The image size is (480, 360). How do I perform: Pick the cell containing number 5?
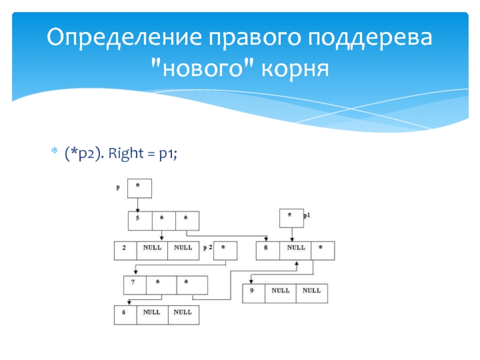[139, 220]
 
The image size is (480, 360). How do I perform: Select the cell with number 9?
[254, 293]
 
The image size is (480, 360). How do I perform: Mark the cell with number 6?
[125, 314]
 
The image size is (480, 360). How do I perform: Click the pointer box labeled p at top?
[139, 188]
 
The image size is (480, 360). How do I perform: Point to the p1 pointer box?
[290, 218]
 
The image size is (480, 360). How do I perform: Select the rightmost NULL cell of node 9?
[311, 293]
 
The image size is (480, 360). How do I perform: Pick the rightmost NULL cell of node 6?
[183, 314]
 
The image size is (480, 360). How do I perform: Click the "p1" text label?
[307, 215]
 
